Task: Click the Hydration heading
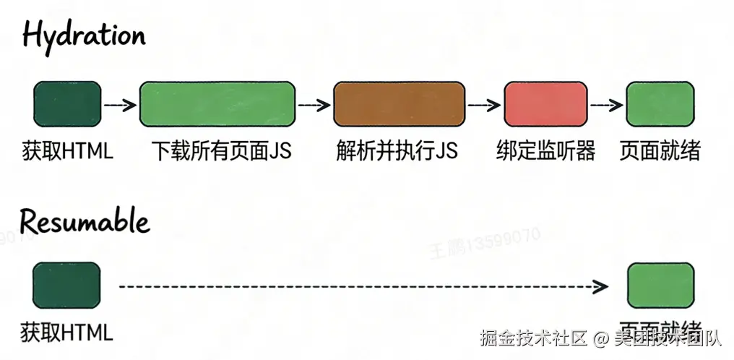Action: click(x=84, y=34)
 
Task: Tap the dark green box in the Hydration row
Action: click(x=67, y=105)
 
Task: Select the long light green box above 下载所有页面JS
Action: click(x=217, y=105)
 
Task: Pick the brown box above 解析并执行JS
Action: click(x=399, y=105)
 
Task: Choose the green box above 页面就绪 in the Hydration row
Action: click(x=660, y=105)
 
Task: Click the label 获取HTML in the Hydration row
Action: click(x=68, y=151)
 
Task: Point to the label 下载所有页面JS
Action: click(x=221, y=151)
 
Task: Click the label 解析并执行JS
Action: click(x=397, y=151)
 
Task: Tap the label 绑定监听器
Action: click(x=546, y=151)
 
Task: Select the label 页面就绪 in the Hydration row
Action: click(x=660, y=151)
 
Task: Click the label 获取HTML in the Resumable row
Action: click(x=67, y=333)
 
